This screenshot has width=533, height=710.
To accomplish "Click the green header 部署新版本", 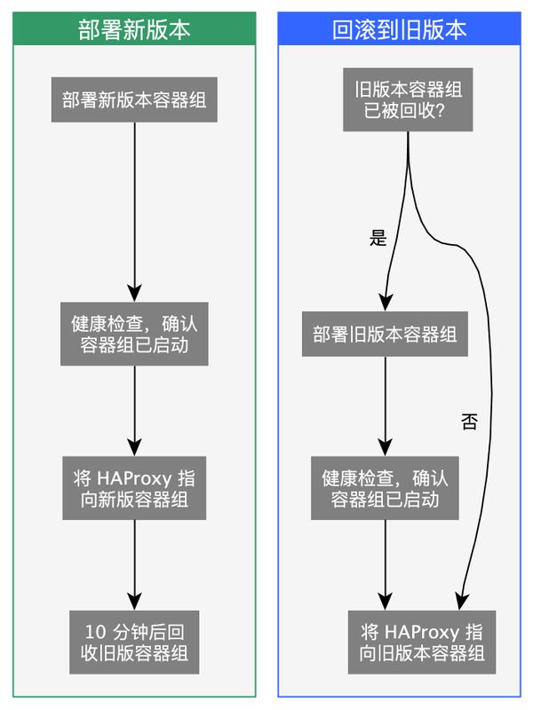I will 134,30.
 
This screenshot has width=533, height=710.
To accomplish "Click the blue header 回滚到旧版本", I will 399,30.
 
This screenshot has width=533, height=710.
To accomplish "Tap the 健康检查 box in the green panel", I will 134,334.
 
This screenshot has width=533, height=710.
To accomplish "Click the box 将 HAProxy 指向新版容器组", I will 134,488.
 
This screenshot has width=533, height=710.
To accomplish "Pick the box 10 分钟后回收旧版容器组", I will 134,643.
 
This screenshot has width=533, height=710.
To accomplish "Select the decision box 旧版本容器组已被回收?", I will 408,100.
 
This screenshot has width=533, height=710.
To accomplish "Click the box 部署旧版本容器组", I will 385,334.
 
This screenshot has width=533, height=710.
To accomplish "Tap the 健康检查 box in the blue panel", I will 385,488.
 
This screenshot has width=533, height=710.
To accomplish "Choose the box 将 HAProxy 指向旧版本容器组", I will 422,643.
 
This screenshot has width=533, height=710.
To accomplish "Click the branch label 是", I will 378,238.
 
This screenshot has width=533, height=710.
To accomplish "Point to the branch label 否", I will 469,422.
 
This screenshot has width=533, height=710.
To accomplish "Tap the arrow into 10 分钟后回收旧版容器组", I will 134,564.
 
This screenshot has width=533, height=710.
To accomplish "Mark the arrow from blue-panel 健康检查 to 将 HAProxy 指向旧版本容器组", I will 385,564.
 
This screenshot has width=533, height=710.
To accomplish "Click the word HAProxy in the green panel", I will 133,477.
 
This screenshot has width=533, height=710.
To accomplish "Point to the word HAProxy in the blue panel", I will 422,633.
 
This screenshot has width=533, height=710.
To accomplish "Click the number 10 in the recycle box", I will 95,633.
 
